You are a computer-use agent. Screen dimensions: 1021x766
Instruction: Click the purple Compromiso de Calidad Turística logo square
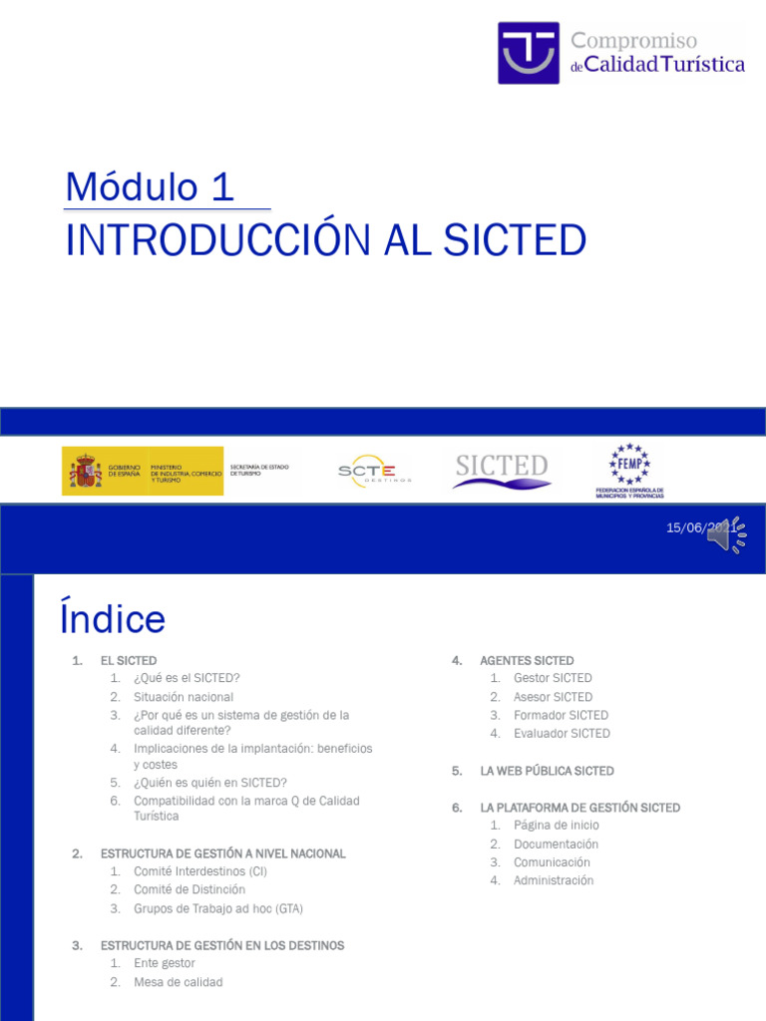click(529, 53)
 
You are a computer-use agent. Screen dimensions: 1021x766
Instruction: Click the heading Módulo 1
click(150, 187)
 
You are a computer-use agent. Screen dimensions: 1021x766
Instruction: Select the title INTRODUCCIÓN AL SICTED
click(325, 240)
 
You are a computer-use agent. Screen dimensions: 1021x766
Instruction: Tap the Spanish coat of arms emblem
click(86, 471)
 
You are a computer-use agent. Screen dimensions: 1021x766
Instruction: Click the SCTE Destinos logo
click(367, 471)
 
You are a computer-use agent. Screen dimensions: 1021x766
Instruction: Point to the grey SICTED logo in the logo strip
click(502, 470)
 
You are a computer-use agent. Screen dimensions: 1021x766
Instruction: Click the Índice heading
click(113, 618)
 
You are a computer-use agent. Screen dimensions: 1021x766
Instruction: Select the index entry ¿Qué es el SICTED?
click(187, 678)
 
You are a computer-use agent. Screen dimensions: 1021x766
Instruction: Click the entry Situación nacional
click(184, 697)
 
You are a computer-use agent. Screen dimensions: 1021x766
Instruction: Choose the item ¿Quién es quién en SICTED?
click(210, 783)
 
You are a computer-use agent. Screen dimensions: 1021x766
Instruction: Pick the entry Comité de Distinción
click(190, 889)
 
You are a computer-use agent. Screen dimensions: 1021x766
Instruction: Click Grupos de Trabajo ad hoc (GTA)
click(218, 908)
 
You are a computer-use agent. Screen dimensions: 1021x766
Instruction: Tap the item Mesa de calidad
click(179, 982)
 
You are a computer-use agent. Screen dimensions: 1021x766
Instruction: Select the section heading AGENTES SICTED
click(527, 660)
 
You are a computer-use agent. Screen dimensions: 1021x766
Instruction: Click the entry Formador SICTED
click(561, 715)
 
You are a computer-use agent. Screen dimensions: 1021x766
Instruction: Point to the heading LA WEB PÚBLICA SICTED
click(547, 771)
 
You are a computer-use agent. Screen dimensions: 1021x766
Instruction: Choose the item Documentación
click(557, 844)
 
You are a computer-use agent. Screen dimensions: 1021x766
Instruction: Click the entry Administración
click(554, 880)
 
